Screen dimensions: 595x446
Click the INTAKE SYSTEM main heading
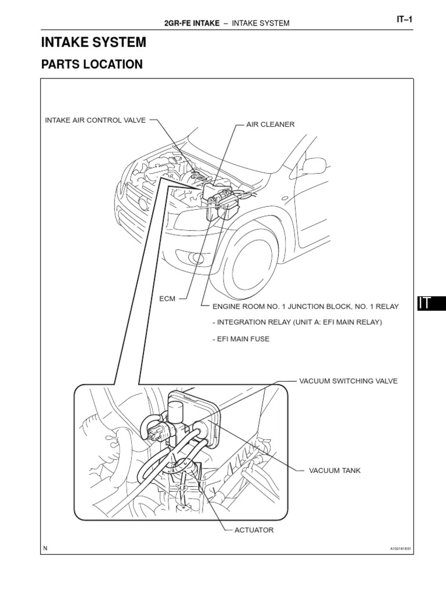click(x=93, y=42)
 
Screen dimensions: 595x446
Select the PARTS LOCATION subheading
click(x=92, y=64)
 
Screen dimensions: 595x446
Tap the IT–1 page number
click(x=404, y=19)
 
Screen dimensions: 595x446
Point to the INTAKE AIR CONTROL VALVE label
click(x=95, y=120)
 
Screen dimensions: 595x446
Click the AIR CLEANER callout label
click(x=270, y=124)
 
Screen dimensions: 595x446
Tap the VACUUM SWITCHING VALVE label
click(x=348, y=381)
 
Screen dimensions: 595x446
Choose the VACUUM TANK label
click(x=334, y=470)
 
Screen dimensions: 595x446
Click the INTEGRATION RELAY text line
click(x=297, y=322)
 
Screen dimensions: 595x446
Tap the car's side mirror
click(x=314, y=166)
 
